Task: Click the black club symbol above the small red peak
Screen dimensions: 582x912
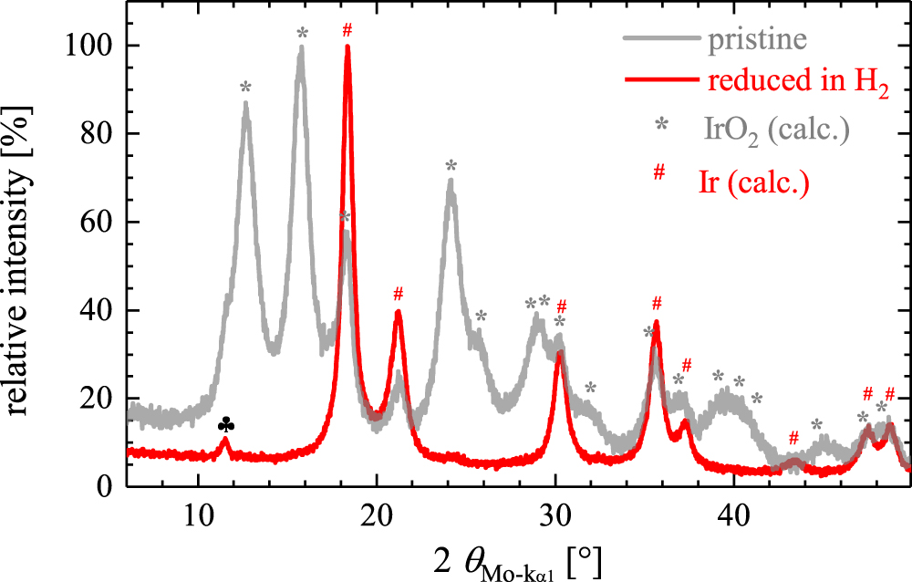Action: tap(226, 425)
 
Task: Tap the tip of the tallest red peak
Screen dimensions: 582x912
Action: tap(347, 47)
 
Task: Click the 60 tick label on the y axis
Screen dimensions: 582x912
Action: tap(98, 223)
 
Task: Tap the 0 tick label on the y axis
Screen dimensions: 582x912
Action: tap(107, 487)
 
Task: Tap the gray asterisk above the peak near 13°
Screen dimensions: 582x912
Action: tap(245, 88)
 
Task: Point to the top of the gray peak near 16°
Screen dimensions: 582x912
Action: tap(301, 49)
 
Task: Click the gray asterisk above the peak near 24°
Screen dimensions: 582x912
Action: tap(451, 166)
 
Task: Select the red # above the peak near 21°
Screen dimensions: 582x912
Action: tap(398, 294)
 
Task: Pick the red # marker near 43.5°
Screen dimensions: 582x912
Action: tap(793, 438)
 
